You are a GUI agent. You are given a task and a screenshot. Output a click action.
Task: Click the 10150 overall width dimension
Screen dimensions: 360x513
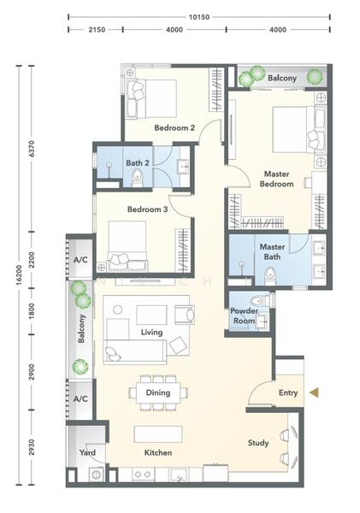point(198,17)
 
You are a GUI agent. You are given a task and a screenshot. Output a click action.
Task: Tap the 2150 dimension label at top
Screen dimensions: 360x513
point(97,30)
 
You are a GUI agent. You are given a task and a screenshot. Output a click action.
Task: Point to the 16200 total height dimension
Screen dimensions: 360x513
point(19,274)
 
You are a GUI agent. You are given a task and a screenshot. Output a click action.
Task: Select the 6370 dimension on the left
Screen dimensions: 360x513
point(32,149)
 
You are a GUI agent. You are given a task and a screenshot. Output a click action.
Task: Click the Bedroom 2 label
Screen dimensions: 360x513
point(174,127)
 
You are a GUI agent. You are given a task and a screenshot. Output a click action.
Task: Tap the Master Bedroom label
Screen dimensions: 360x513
point(276,179)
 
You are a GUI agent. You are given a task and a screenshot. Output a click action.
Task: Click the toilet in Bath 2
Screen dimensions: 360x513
point(138,178)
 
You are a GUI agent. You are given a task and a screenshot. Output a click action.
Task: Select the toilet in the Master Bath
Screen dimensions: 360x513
point(270,275)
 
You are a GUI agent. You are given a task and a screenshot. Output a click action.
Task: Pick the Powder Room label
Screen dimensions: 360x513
point(245,315)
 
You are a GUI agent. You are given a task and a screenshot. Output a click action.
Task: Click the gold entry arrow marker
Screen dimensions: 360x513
point(315,392)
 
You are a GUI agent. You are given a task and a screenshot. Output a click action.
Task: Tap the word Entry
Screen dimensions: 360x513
point(288,392)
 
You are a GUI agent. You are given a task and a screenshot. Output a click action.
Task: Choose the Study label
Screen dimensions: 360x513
point(258,443)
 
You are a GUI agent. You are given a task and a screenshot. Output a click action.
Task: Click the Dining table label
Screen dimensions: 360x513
point(158,392)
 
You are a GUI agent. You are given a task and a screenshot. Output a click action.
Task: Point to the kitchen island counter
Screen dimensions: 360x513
point(158,434)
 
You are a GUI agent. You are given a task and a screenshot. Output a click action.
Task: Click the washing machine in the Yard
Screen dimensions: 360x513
point(97,474)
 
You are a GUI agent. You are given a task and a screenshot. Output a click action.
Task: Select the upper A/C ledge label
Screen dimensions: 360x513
point(80,260)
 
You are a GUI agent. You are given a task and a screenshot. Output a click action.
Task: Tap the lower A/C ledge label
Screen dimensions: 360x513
point(80,398)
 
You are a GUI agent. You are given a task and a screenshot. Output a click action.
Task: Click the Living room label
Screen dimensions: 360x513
point(151,333)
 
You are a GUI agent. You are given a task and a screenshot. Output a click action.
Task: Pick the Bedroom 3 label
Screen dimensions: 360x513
point(147,209)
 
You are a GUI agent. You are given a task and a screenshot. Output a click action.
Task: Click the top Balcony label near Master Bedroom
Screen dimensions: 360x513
point(282,78)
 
